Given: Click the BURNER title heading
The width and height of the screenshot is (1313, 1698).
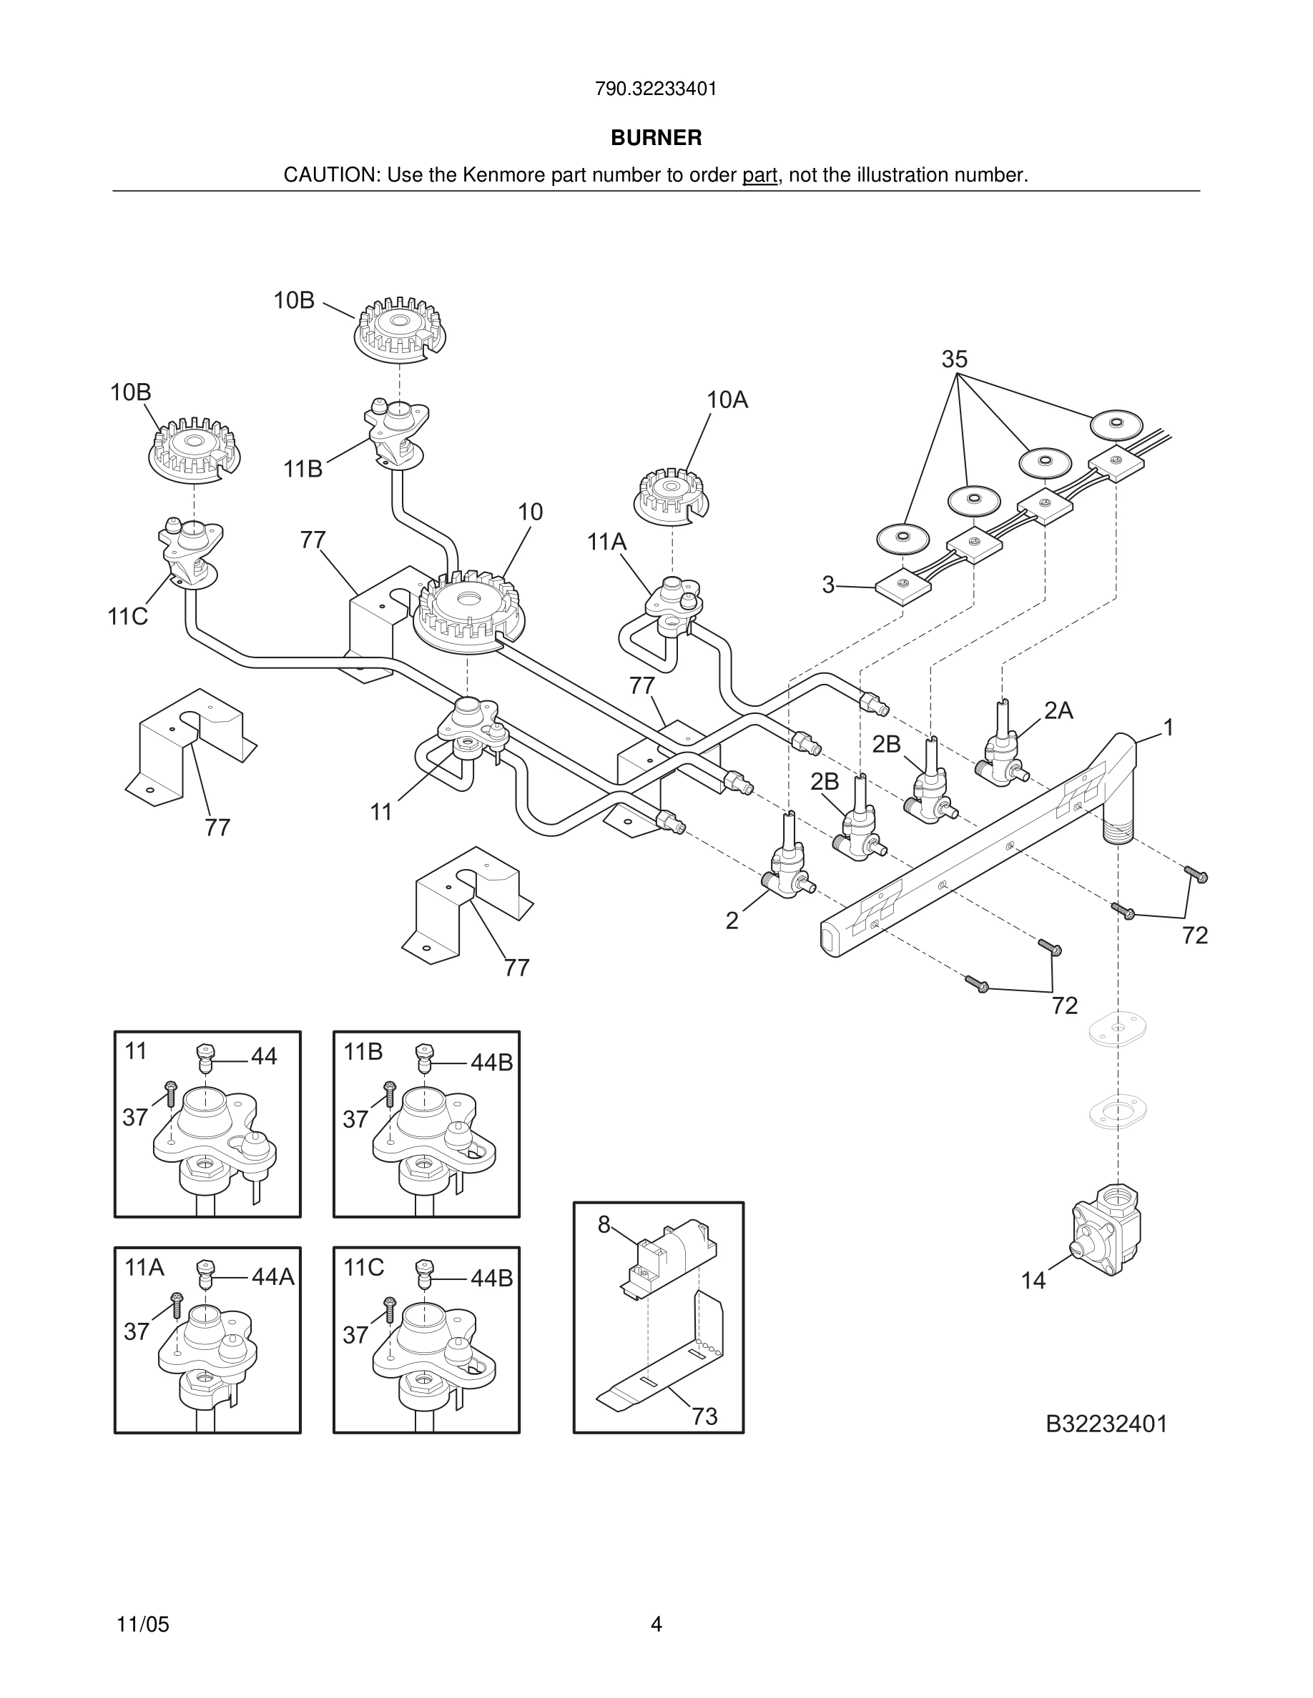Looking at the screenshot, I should [656, 138].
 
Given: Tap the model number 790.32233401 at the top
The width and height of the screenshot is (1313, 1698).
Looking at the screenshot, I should [656, 89].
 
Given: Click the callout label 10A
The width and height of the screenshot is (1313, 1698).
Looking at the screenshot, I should [727, 399].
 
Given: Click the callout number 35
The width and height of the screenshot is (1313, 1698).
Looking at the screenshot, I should [955, 359].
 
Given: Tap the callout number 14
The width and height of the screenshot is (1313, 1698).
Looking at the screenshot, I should [1033, 1281].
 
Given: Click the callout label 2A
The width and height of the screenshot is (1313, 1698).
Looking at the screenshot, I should [1058, 710].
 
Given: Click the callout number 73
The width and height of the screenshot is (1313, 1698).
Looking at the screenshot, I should [704, 1416].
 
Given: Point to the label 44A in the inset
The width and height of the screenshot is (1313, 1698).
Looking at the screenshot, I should [273, 1276].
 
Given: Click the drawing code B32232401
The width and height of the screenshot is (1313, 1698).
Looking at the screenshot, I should [1106, 1424].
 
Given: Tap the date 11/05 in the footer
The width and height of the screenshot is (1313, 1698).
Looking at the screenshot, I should [142, 1624].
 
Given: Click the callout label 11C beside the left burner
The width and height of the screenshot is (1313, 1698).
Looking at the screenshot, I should [127, 617].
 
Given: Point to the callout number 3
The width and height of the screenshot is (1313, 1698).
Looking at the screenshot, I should [827, 585].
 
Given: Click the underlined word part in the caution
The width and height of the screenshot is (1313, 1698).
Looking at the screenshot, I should [759, 175].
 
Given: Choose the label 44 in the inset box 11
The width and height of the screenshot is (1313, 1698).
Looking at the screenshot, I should [264, 1056].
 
